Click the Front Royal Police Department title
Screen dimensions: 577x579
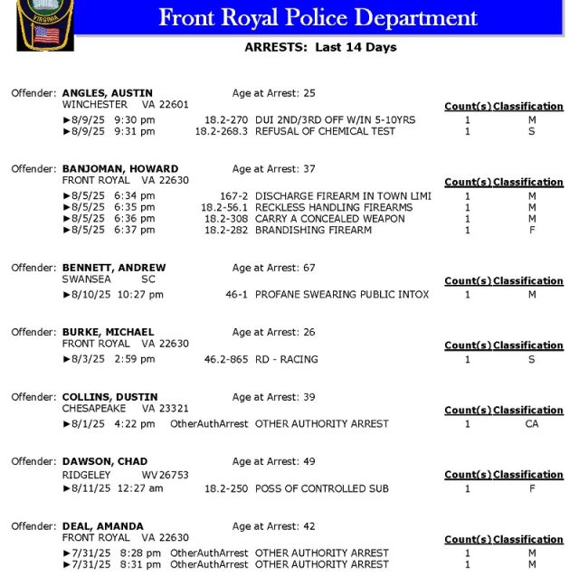coord(318,17)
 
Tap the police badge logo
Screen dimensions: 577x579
coord(44,24)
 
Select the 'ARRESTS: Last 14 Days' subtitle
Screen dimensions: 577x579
coord(320,47)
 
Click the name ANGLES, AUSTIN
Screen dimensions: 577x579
coord(107,93)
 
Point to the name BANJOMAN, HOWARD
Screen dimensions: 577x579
coord(119,169)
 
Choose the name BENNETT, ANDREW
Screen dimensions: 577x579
coord(114,268)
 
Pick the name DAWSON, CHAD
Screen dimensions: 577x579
coord(104,461)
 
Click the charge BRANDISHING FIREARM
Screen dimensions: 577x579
coord(313,231)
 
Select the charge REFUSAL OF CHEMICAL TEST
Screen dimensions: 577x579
coord(325,131)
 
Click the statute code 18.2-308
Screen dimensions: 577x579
coord(226,219)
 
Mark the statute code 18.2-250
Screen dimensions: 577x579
coord(226,488)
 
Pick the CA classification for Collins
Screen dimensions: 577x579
coord(532,423)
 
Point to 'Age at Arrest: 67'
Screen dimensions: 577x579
coord(273,268)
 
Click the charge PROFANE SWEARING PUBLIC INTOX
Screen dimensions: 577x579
coord(342,294)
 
